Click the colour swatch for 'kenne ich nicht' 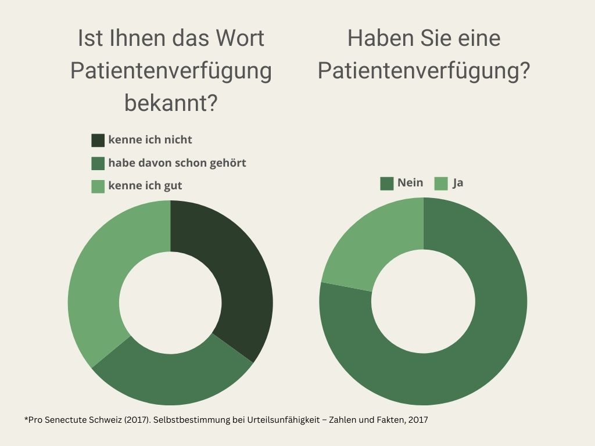click(98, 141)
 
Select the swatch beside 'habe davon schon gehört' click(98, 163)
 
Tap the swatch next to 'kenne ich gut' click(98, 186)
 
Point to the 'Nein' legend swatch click(386, 184)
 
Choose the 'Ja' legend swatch click(441, 184)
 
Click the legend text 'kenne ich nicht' click(150, 140)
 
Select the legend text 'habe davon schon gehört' click(177, 163)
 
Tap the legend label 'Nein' click(410, 183)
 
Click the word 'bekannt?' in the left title click(171, 103)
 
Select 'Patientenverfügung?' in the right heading click(424, 71)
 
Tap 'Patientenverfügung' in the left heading click(171, 71)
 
